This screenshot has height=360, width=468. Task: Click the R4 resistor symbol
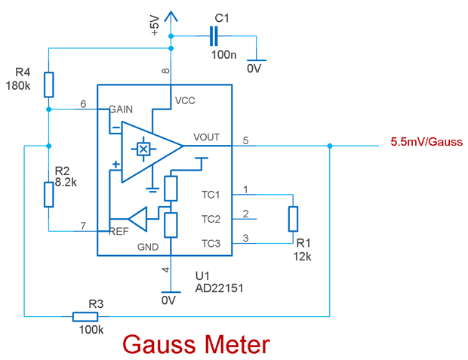48,85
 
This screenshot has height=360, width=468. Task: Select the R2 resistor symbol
48,194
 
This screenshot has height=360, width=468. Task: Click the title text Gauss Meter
196,345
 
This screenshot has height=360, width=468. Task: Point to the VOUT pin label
206,137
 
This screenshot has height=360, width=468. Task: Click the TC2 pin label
211,219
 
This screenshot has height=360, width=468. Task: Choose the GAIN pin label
121,109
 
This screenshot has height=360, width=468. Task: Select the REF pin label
119,231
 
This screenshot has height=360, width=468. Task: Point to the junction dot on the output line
331,146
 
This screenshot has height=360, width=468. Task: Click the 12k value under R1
302,256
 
